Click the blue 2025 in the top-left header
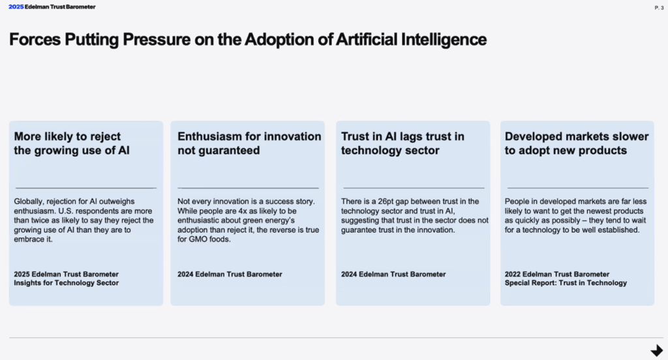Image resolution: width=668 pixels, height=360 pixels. pyautogui.click(x=16, y=7)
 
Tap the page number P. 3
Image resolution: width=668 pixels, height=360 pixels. pyautogui.click(x=659, y=8)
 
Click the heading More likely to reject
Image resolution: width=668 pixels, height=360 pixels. pyautogui.click(x=67, y=136)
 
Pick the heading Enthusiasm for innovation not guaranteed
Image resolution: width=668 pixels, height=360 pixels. pyautogui.click(x=249, y=143)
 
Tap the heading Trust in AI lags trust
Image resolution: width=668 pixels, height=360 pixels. pyautogui.click(x=402, y=136)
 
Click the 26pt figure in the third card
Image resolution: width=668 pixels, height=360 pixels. pyautogui.click(x=386, y=202)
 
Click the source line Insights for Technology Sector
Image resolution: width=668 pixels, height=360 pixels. pyautogui.click(x=66, y=283)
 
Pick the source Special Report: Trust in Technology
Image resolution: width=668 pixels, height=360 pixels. pyautogui.click(x=566, y=283)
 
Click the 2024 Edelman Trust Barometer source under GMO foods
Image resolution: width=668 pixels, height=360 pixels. pyautogui.click(x=230, y=275)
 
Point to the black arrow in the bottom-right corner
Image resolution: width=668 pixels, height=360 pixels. pyautogui.click(x=657, y=350)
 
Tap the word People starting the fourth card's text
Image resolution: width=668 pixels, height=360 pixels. pyautogui.click(x=517, y=202)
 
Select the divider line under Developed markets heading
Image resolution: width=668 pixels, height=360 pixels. pyautogui.click(x=578, y=188)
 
